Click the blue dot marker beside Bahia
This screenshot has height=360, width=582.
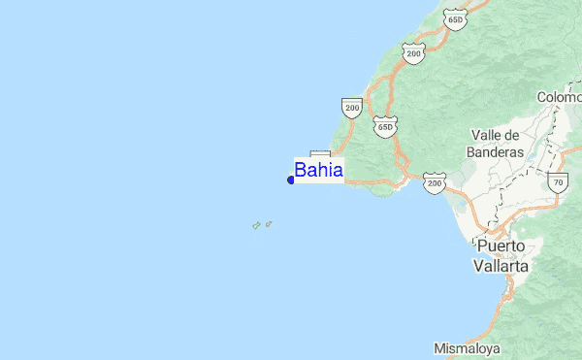tap(291, 180)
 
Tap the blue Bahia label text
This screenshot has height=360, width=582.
tap(318, 171)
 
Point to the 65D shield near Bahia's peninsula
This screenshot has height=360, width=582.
tap(385, 126)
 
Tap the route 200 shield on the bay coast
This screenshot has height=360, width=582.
tap(434, 181)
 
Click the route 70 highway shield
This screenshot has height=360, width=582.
tap(557, 180)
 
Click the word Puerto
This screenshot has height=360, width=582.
tap(501, 246)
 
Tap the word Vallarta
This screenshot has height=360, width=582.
tap(501, 264)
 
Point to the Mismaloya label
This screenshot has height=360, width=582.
tap(467, 347)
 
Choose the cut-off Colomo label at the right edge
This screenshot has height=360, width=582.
tap(560, 97)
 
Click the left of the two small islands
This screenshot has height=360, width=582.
tap(256, 226)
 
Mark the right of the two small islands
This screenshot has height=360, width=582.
tap(268, 223)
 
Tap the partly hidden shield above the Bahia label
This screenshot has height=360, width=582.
tap(320, 154)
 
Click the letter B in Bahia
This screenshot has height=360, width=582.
tap(301, 171)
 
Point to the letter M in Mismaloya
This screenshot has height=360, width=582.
tap(438, 347)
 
